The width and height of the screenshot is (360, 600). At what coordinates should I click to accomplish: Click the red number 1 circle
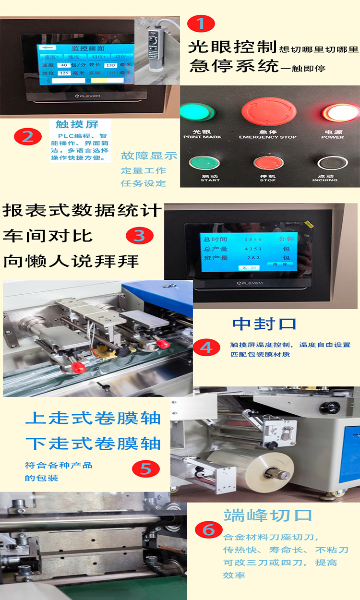click(201, 23)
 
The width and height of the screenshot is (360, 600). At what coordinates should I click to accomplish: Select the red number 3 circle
click(139, 235)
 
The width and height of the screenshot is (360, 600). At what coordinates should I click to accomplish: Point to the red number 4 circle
click(206, 347)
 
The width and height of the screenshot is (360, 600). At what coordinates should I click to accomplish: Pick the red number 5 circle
click(145, 468)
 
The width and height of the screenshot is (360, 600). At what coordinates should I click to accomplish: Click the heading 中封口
click(264, 324)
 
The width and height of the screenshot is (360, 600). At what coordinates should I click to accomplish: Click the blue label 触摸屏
click(77, 124)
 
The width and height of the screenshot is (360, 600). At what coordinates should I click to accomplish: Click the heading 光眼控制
click(232, 48)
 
